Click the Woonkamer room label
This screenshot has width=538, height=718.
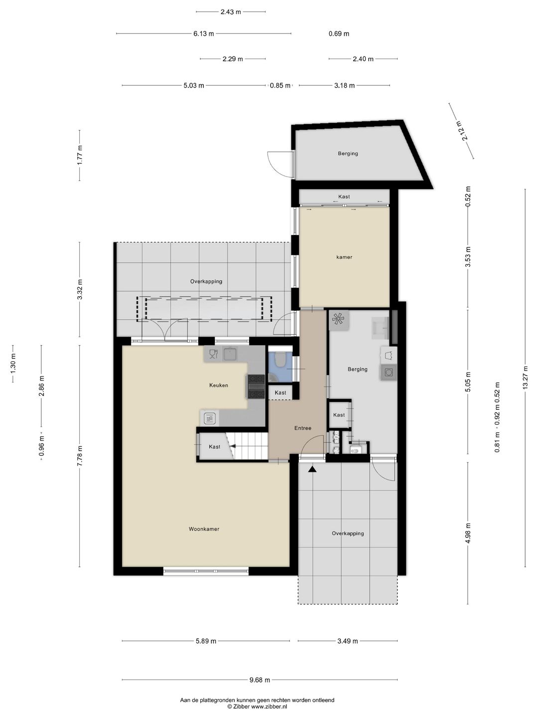(204, 529)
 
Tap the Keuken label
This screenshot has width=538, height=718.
(219, 385)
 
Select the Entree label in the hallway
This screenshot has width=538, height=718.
(302, 428)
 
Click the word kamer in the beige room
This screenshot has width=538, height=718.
(344, 257)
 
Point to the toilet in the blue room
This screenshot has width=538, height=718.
(280, 359)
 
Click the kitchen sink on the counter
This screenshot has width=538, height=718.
(230, 354)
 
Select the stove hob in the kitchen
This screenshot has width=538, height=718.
(256, 387)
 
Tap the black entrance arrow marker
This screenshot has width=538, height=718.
(312, 469)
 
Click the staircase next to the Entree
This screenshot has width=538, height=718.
(248, 445)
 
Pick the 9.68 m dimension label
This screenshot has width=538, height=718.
(260, 680)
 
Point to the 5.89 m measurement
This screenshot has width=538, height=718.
(206, 641)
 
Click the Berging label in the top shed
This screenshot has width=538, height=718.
(348, 154)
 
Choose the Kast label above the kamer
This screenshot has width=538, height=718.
(344, 197)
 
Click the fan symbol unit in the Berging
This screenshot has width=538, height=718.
(339, 320)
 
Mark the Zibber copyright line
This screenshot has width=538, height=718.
(257, 707)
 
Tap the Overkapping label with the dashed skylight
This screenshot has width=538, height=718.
(206, 282)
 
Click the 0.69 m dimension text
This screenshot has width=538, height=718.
(339, 34)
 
